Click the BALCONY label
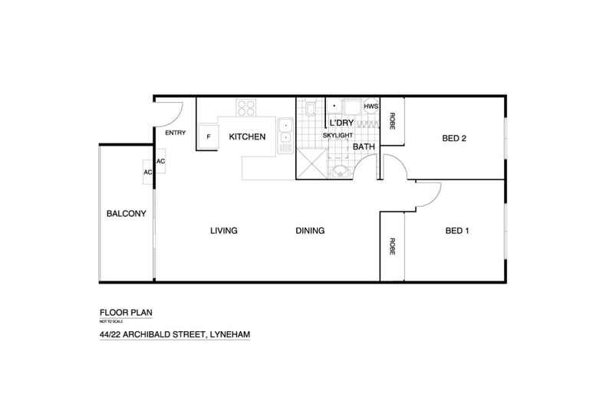click(x=127, y=214)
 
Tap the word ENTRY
click(x=176, y=133)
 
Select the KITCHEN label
click(x=247, y=137)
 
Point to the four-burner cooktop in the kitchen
click(x=246, y=108)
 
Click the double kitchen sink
click(x=284, y=131)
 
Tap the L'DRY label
click(x=341, y=123)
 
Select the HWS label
click(x=371, y=106)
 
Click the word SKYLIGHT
click(x=338, y=135)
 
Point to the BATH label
click(x=364, y=146)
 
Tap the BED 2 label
click(x=454, y=139)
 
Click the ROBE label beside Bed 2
click(x=392, y=120)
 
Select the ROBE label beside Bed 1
click(x=392, y=247)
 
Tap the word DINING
click(x=310, y=231)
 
